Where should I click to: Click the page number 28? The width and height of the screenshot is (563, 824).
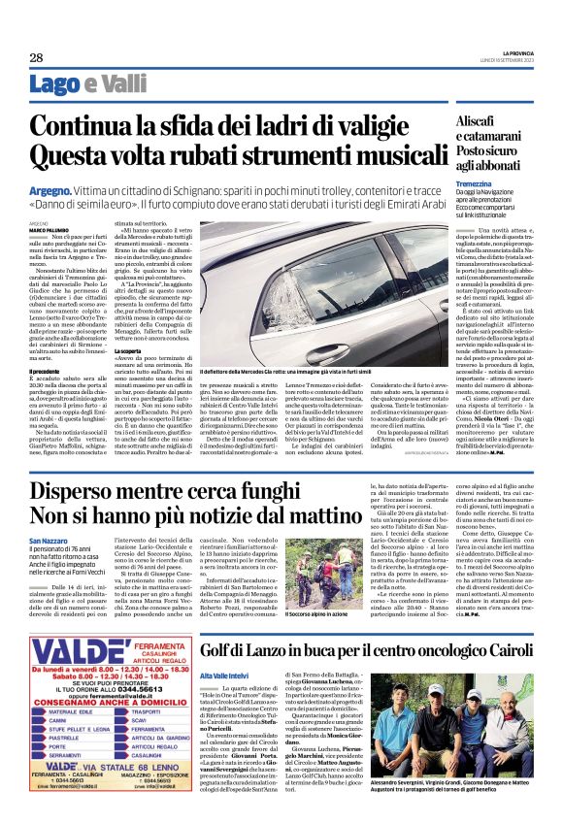(36, 58)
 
